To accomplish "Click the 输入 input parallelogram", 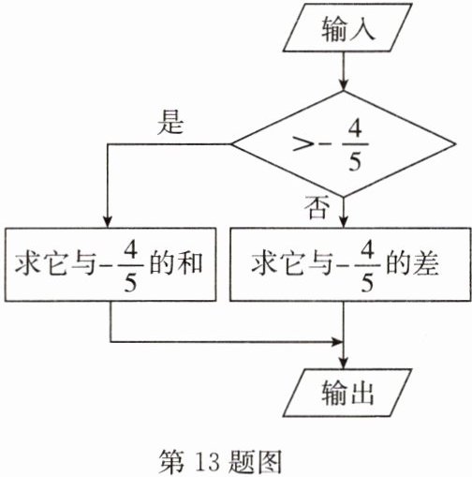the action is click(347, 27).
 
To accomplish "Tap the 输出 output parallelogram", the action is click(347, 393).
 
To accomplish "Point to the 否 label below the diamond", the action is click(317, 207).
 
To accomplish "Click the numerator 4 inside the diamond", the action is click(355, 128).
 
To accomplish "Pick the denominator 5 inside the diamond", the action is click(355, 161).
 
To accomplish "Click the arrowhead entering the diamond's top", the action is click(344, 85).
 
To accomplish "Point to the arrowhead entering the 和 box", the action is click(108, 222).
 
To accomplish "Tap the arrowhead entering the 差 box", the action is click(344, 222).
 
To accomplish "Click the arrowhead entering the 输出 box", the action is click(344, 364).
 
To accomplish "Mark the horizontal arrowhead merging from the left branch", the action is click(337, 342).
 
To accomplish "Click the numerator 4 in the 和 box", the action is click(131, 250).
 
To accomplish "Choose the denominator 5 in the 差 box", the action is click(367, 282).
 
